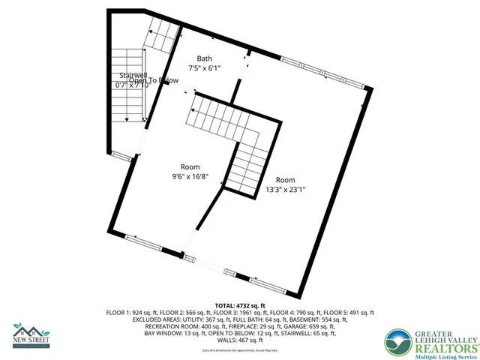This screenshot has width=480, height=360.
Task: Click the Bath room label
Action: (x=205, y=58)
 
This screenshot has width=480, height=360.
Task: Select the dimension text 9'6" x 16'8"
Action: (x=189, y=177)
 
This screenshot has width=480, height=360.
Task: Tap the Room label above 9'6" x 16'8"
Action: (x=189, y=166)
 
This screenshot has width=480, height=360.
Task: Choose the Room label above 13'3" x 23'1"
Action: (x=285, y=180)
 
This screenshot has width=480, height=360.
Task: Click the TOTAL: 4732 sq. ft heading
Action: (x=240, y=306)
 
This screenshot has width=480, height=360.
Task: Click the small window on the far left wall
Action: (x=119, y=155)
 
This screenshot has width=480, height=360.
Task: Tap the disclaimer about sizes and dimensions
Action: (x=240, y=350)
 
